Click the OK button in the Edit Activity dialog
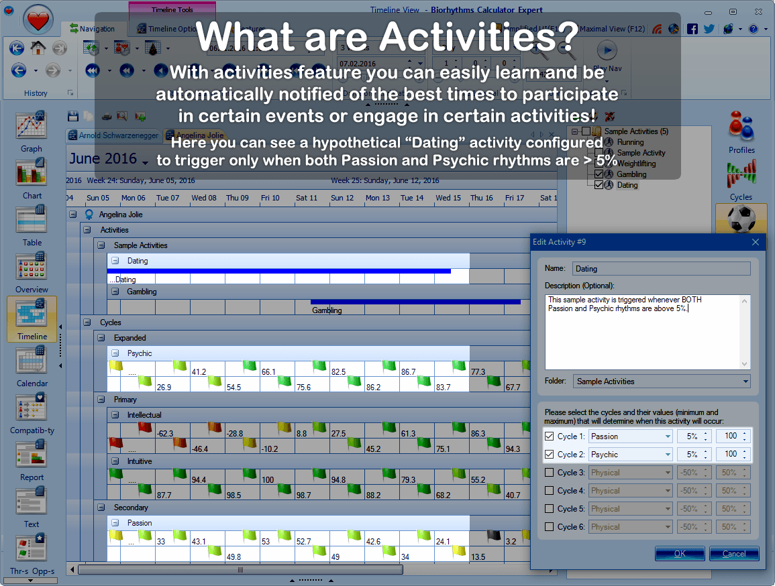680,554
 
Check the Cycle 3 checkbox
550,473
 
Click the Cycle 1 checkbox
550,436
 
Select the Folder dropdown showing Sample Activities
662,382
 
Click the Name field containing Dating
661,269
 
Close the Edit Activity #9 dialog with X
756,242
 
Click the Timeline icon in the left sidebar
32,318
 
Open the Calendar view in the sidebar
32,365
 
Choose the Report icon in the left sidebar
32,459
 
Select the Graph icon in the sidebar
32,131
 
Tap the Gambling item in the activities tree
631,174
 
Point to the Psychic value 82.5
339,371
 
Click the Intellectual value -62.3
165,434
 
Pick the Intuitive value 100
267,480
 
